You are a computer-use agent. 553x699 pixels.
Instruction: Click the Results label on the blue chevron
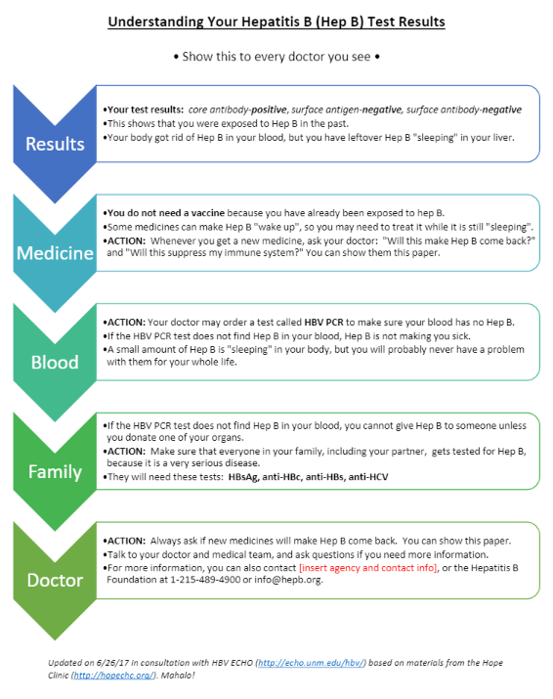click(x=55, y=144)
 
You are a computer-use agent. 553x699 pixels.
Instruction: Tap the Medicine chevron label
click(x=55, y=253)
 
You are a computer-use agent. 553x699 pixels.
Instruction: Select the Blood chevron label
click(x=55, y=363)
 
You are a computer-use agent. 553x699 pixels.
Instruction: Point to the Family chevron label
click(x=55, y=472)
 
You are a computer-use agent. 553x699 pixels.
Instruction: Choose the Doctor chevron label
click(x=55, y=581)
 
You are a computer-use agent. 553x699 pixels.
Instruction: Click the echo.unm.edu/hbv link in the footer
click(x=312, y=663)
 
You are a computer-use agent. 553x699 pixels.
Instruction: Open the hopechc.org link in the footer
click(x=113, y=676)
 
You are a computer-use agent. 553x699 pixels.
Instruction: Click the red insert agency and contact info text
click(x=368, y=568)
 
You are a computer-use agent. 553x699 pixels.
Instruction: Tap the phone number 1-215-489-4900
click(x=205, y=580)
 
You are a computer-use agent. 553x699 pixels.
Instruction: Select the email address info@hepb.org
click(x=287, y=580)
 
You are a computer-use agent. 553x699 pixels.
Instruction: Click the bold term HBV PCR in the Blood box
click(x=324, y=323)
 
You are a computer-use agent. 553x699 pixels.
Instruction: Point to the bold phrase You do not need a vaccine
click(x=166, y=213)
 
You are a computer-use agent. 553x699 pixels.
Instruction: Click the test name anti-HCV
click(x=368, y=477)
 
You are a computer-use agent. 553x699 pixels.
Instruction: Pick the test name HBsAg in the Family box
click(x=243, y=477)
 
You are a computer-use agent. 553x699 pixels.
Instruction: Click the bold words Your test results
click(x=146, y=109)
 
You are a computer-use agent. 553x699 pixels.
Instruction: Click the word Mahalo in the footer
click(x=178, y=676)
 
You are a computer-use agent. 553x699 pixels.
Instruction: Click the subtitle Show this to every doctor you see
click(x=276, y=57)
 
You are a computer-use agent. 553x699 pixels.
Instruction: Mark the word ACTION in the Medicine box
click(x=127, y=241)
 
